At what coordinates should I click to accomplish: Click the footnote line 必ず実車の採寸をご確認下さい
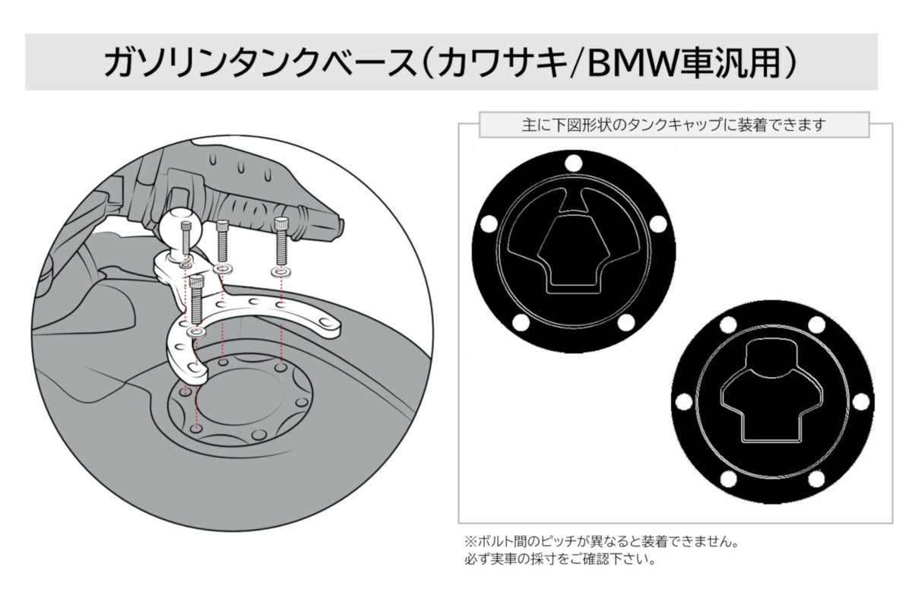coord(559,562)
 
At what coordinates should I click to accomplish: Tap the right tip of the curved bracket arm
coord(334,325)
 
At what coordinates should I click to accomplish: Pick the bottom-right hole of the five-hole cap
coord(626,324)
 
